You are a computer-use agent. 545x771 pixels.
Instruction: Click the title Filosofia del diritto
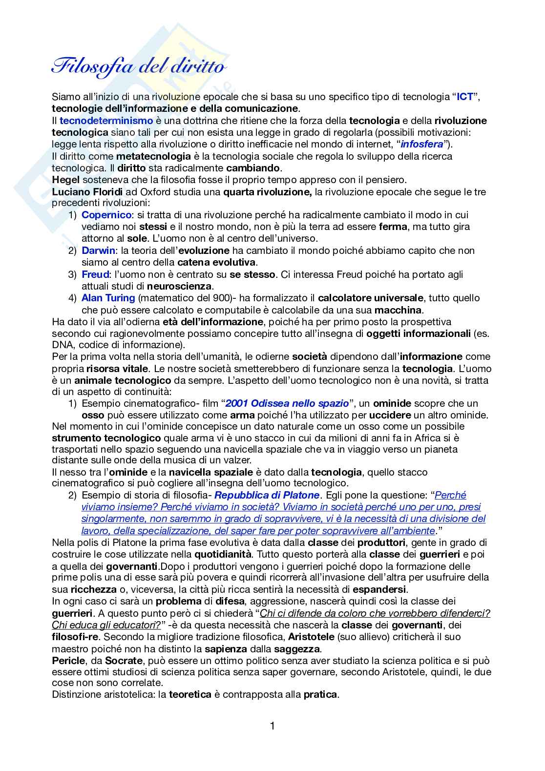pyautogui.click(x=139, y=66)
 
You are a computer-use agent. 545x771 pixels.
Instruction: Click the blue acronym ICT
pyautogui.click(x=464, y=97)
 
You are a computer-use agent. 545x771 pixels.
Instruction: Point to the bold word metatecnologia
pyautogui.click(x=153, y=156)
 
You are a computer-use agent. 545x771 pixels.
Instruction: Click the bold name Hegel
pyautogui.click(x=65, y=180)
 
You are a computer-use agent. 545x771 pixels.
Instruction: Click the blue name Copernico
pyautogui.click(x=106, y=215)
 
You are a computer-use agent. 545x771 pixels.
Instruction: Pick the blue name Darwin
pyautogui.click(x=98, y=250)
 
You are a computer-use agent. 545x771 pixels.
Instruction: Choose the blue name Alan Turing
pyautogui.click(x=108, y=298)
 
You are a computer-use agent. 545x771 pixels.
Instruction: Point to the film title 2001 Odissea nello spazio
pyautogui.click(x=287, y=403)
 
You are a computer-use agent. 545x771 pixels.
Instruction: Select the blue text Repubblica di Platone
pyautogui.click(x=267, y=495)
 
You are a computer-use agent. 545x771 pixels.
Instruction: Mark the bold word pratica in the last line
pyautogui.click(x=320, y=694)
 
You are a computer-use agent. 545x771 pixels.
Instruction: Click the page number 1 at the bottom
pyautogui.click(x=272, y=726)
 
